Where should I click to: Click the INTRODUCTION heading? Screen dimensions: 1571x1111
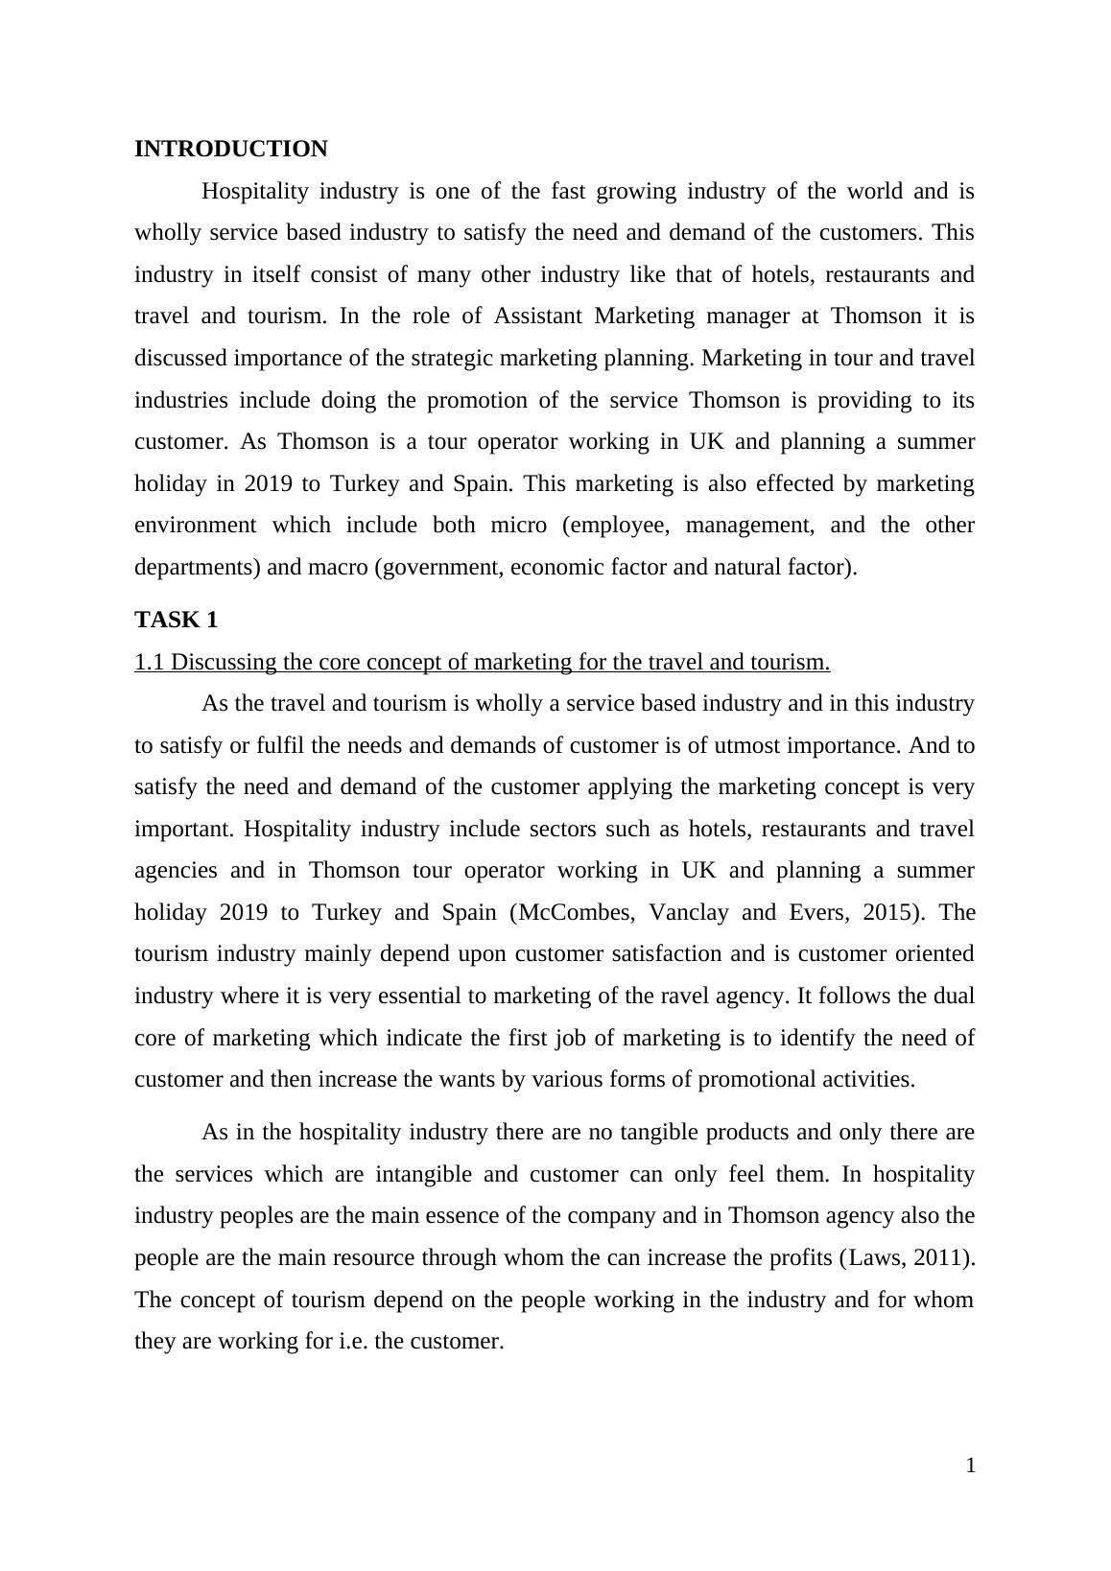(x=230, y=150)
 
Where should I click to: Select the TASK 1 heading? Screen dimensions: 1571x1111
(x=177, y=620)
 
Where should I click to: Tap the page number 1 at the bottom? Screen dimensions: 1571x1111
(x=970, y=1465)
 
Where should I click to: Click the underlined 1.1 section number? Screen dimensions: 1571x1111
(x=150, y=662)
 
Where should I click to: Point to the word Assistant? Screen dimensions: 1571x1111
(x=538, y=317)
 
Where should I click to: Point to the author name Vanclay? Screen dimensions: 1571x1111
(x=688, y=912)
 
